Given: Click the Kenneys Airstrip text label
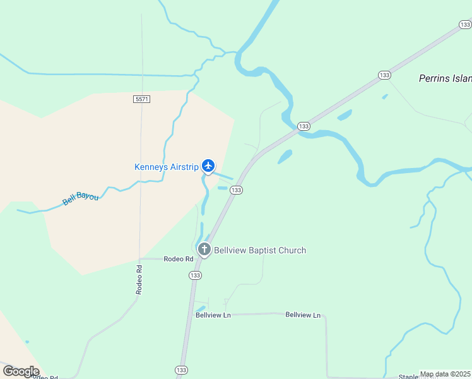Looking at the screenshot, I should (167, 167).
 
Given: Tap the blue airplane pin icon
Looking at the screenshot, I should (208, 166).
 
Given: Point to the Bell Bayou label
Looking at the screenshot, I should (81, 199).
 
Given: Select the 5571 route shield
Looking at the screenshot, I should (142, 99).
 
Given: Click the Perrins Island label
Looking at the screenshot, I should (445, 79).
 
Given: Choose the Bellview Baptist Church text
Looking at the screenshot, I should (260, 250).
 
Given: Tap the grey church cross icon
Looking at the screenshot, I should (204, 250).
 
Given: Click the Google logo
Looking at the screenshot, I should (21, 371).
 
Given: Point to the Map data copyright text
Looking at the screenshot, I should (445, 374).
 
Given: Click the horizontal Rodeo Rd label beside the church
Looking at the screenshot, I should (179, 259).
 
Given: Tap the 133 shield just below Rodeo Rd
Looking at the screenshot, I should (194, 275).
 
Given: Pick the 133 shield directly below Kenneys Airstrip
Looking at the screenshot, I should (236, 190).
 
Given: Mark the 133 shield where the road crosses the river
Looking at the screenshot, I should (304, 126).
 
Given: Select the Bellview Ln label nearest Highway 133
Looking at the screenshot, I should (213, 315).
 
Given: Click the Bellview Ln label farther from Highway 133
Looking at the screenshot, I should (303, 315).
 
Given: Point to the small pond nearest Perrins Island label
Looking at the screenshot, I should (384, 97).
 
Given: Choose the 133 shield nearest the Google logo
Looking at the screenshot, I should (181, 370).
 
